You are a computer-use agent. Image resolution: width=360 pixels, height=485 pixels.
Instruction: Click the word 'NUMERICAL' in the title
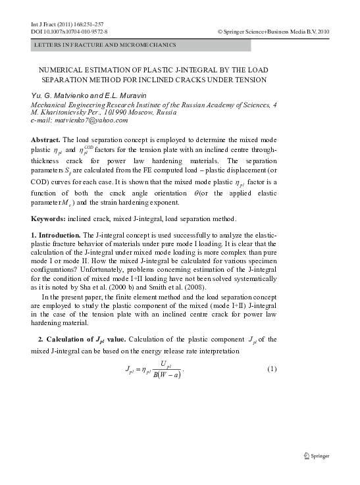coord(63,70)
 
